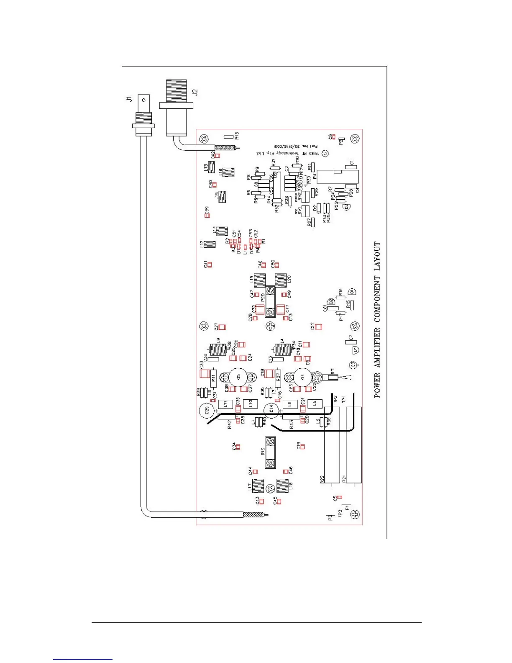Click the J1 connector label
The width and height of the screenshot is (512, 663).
tap(129, 99)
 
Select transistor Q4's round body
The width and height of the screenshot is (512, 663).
tap(302, 377)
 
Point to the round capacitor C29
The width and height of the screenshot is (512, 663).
tap(205, 411)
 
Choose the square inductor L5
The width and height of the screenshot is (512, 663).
tap(315, 404)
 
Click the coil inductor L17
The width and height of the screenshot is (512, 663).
tap(257, 486)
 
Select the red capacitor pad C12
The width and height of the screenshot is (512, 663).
tap(318, 326)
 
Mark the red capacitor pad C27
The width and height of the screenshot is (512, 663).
tap(222, 326)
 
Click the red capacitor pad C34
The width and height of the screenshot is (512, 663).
tap(238, 447)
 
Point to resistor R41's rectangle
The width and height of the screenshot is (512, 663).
tap(213, 378)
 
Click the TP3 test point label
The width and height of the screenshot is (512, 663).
tap(340, 514)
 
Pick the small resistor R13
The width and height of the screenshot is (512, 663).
tap(228, 136)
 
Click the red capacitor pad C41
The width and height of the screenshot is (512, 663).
tap(210, 265)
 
